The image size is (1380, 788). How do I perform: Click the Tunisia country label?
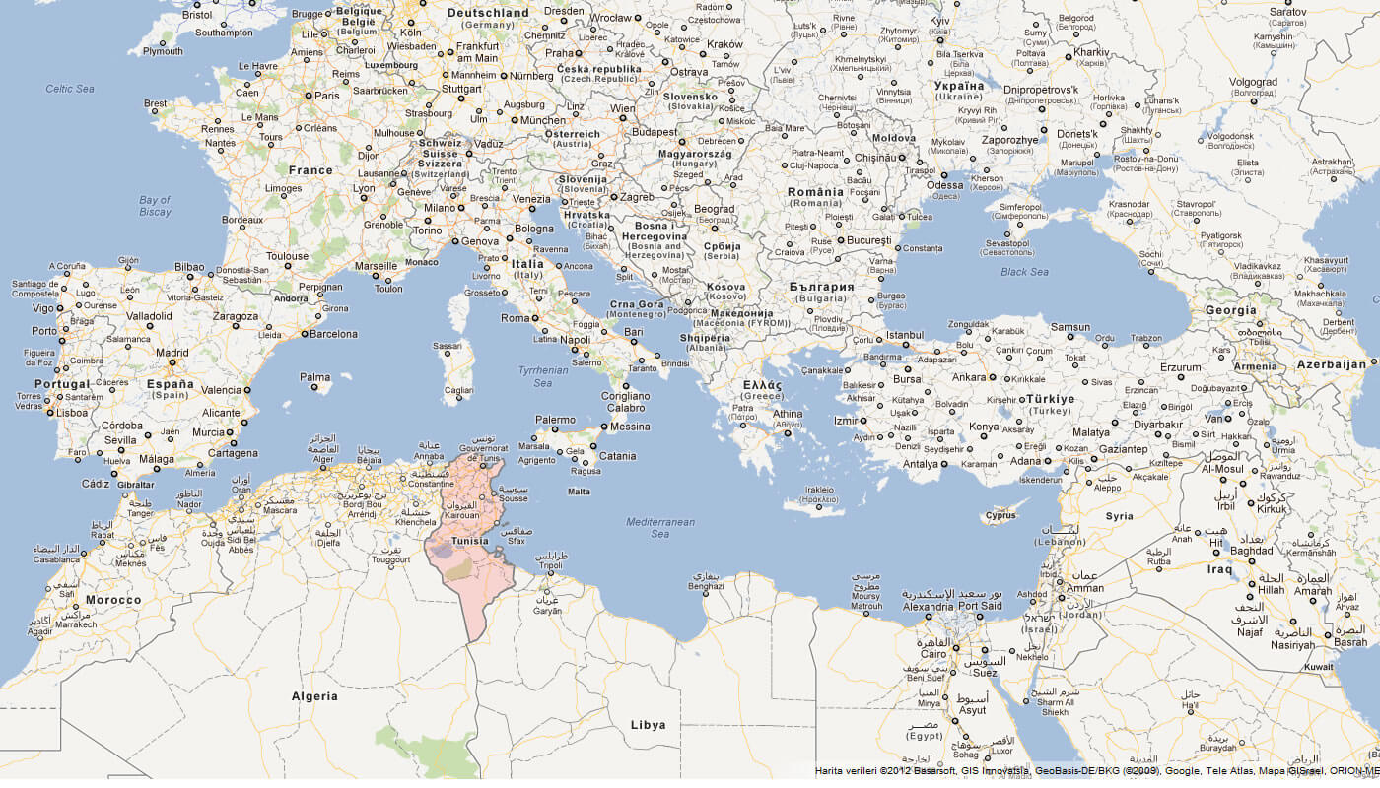[469, 541]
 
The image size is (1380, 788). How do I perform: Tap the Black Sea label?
[1024, 271]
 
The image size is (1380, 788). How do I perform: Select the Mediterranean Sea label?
[659, 527]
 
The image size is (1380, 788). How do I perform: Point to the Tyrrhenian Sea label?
[543, 376]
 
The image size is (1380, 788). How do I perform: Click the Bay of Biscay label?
[155, 206]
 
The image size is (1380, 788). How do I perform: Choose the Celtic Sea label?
[70, 89]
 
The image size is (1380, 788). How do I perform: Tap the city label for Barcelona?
[334, 334]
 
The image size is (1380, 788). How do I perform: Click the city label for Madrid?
[172, 353]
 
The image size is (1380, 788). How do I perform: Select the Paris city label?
[326, 96]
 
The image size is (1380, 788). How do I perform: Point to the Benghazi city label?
[706, 586]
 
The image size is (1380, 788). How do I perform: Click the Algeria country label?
[314, 696]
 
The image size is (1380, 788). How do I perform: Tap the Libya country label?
[648, 725]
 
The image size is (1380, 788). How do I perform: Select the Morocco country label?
[113, 600]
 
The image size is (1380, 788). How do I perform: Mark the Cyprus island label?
[1000, 515]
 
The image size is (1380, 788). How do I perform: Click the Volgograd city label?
[1253, 82]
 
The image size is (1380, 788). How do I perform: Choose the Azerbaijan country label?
[1332, 364]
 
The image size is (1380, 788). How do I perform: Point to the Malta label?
[580, 492]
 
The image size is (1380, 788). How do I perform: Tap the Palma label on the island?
[315, 377]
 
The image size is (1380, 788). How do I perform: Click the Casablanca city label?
[56, 558]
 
